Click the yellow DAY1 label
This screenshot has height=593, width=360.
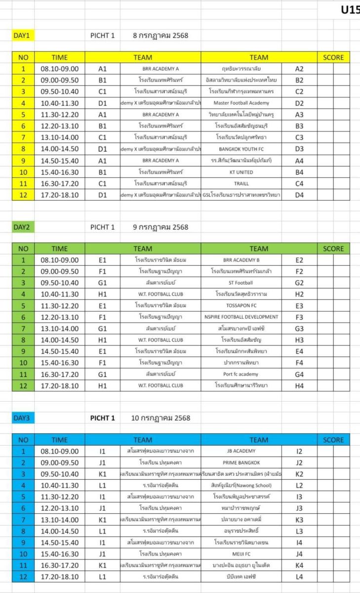tap(22, 36)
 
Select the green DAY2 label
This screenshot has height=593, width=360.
tap(22, 227)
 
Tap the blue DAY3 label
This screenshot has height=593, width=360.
tap(22, 418)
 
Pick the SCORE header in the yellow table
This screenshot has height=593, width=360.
tap(333, 57)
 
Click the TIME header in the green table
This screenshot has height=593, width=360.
tap(60, 249)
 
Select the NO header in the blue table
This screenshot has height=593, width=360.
tap(23, 440)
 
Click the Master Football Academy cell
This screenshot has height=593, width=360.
tap(241, 103)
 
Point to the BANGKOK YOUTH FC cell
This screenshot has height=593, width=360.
tap(241, 149)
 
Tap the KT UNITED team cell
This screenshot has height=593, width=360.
tap(241, 172)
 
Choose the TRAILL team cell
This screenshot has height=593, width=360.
tap(241, 183)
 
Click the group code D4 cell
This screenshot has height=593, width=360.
tap(299, 195)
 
